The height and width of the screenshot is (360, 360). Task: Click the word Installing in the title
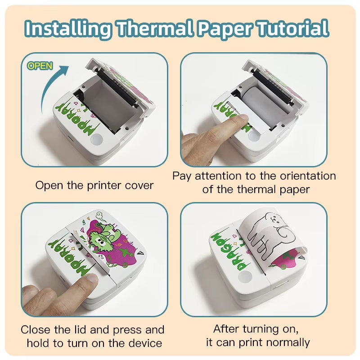(68, 28)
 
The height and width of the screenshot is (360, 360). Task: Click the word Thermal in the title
(155, 28)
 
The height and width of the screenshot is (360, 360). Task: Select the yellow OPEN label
(40, 66)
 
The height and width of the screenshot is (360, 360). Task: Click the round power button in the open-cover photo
(97, 139)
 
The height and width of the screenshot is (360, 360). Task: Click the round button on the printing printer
(245, 276)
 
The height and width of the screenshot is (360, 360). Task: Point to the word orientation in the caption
(308, 176)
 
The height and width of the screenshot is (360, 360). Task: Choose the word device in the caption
(145, 343)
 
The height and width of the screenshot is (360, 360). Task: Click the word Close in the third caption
(35, 330)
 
